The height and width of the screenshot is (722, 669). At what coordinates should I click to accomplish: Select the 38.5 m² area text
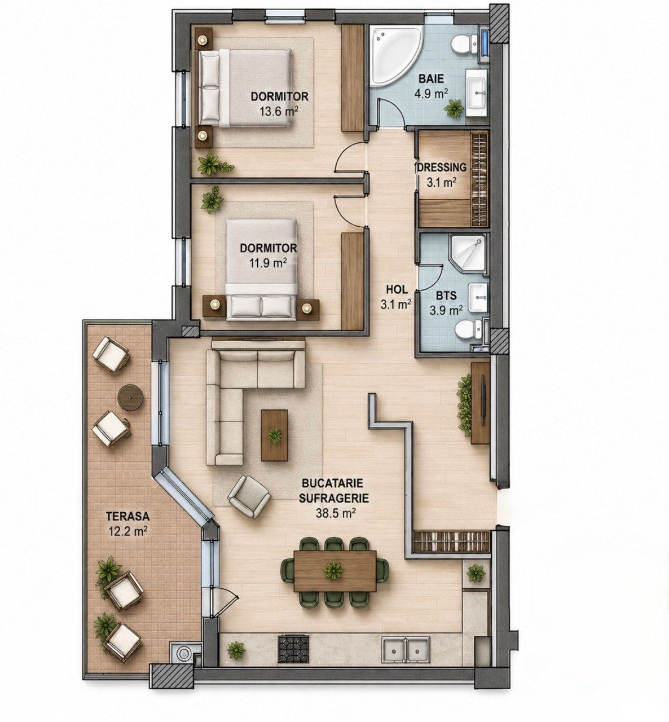pyautogui.click(x=333, y=513)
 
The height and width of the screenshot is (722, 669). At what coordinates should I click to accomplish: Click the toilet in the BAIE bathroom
pyautogui.click(x=464, y=43)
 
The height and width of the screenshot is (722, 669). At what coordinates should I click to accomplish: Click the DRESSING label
pyautogui.click(x=442, y=168)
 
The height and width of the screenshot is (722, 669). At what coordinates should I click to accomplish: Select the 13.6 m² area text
pyautogui.click(x=279, y=110)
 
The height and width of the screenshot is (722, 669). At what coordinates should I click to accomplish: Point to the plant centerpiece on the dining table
pyautogui.click(x=334, y=570)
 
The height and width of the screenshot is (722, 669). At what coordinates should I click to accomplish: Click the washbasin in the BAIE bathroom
pyautogui.click(x=476, y=93)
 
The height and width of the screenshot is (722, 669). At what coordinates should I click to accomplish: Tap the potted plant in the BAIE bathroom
pyautogui.click(x=454, y=108)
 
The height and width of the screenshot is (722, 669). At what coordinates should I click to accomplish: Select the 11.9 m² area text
pyautogui.click(x=268, y=262)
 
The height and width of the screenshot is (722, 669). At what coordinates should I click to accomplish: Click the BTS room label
pyautogui.click(x=446, y=296)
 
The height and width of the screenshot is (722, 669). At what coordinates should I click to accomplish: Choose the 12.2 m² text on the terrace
pyautogui.click(x=127, y=531)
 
